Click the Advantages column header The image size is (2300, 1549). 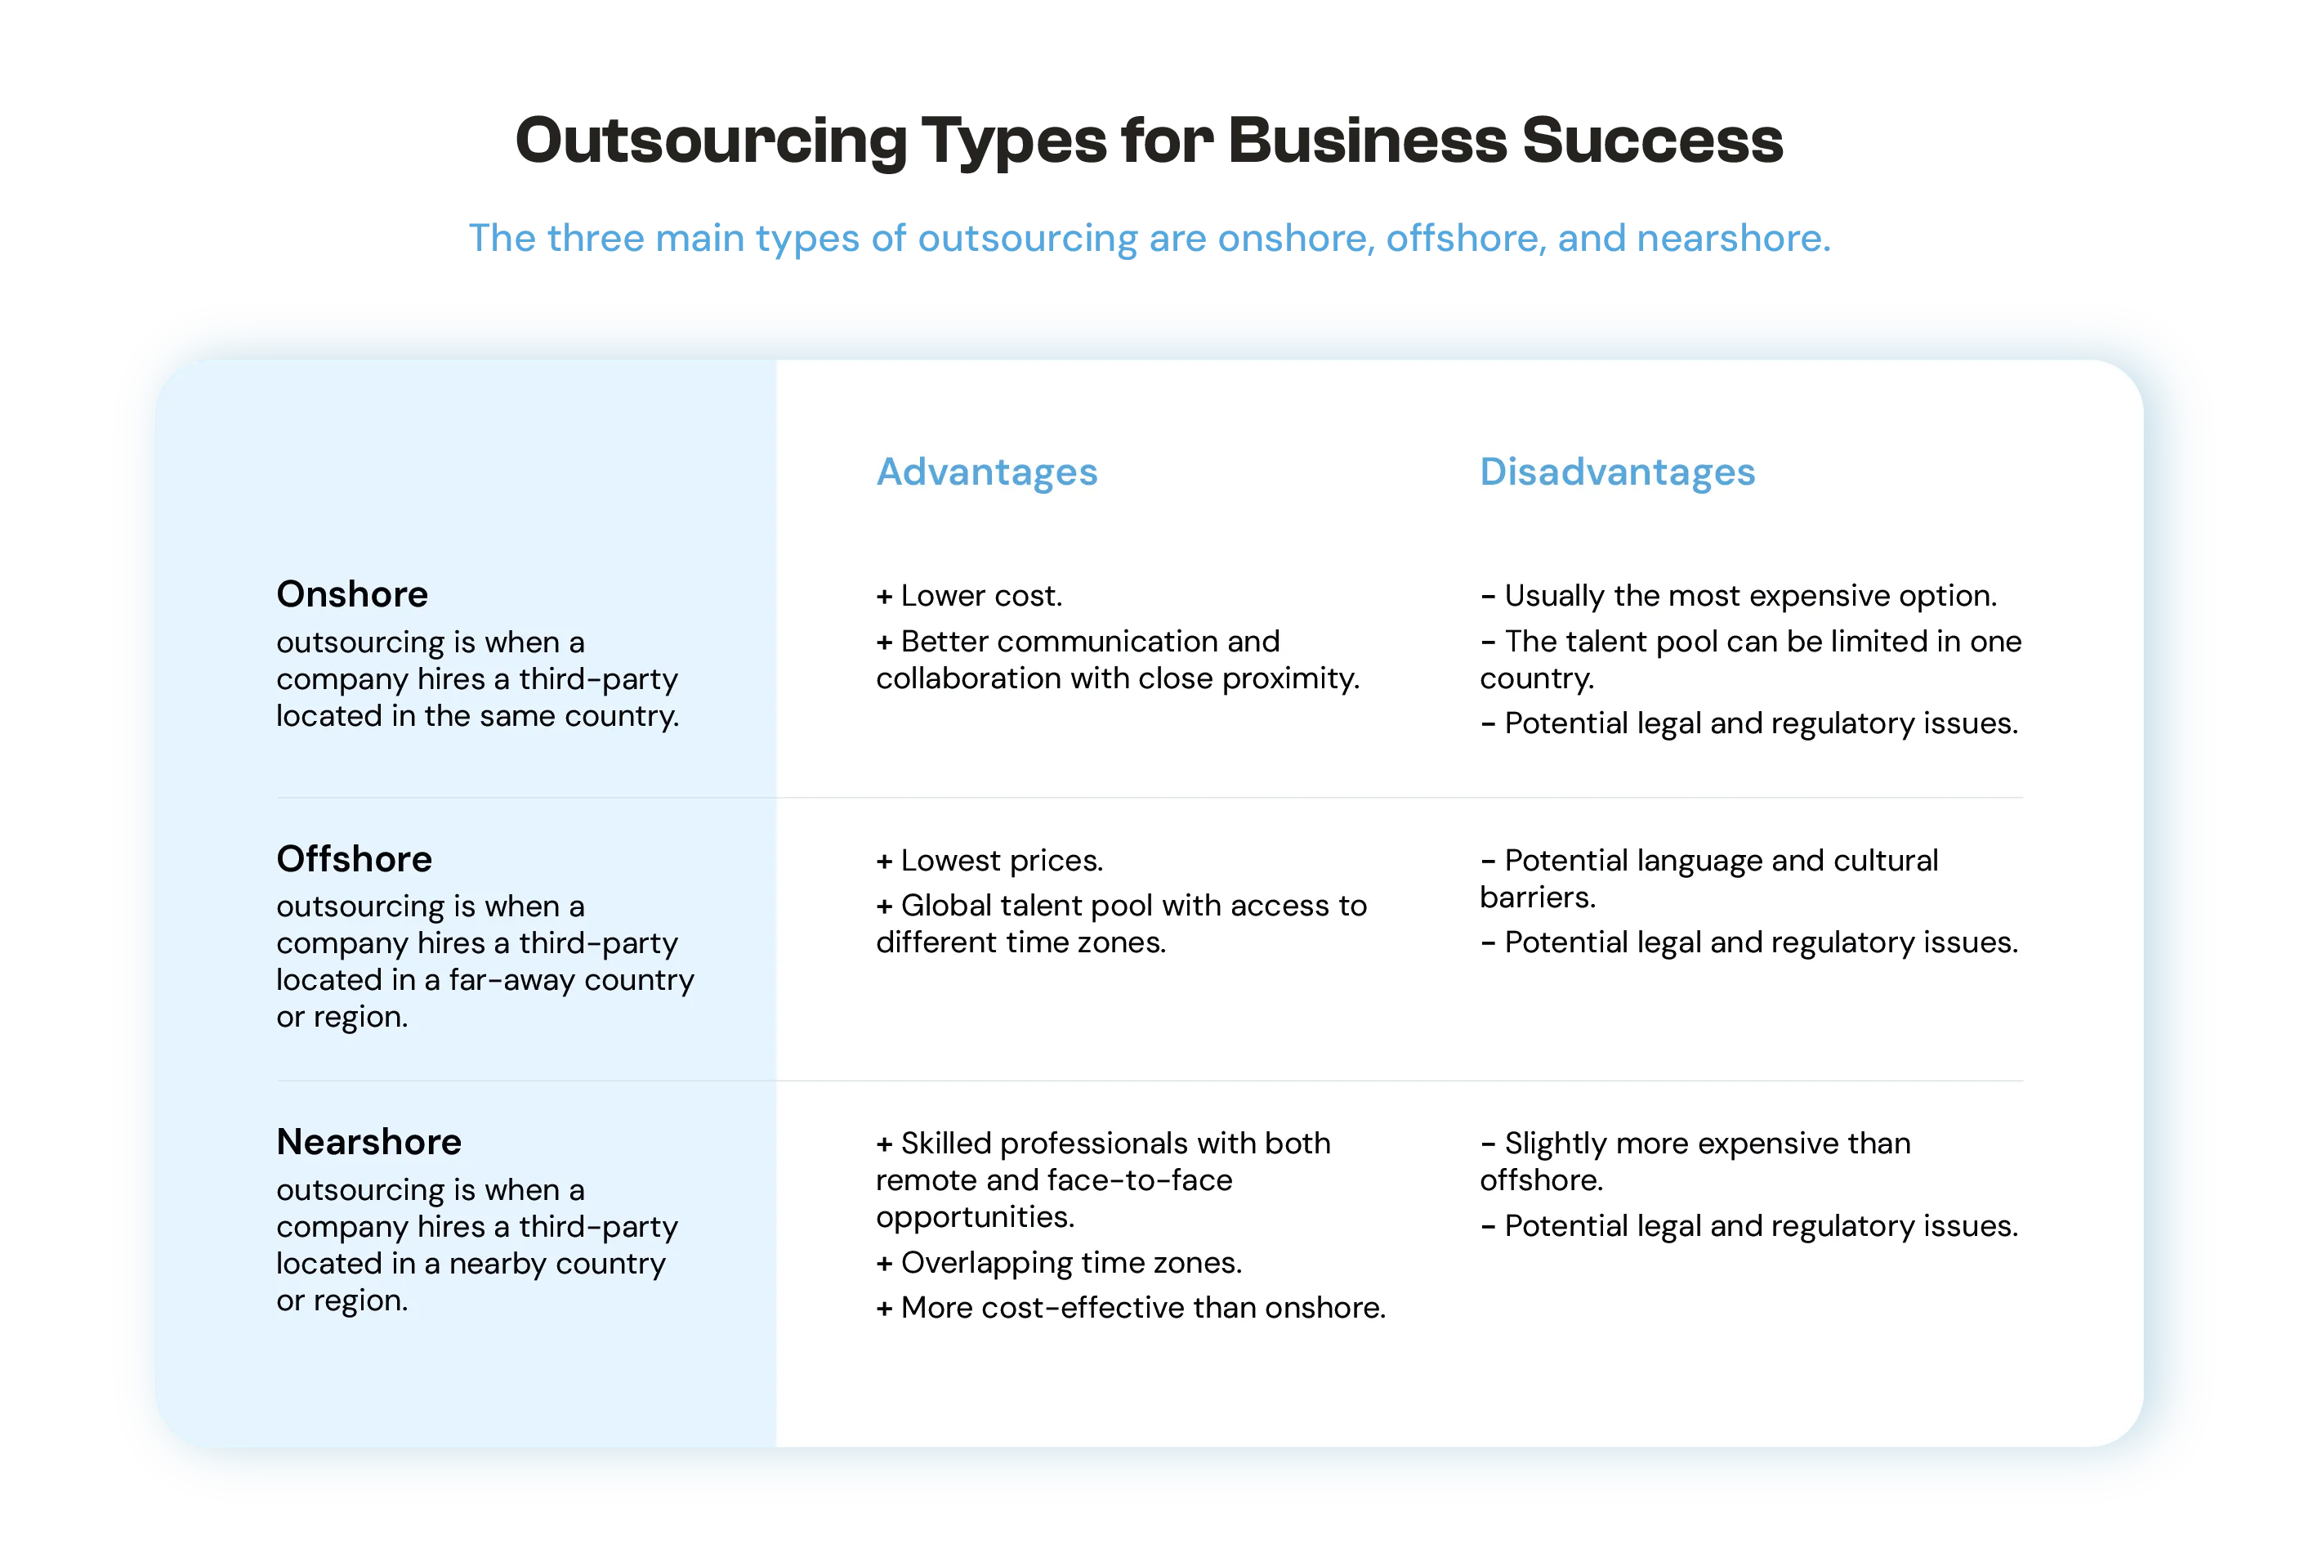pos(985,472)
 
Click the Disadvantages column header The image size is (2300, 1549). pos(1617,472)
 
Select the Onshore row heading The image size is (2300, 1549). pos(351,595)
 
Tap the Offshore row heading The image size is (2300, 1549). pos(354,859)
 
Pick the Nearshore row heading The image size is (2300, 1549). pos(368,1142)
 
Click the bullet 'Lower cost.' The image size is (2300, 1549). pos(969,596)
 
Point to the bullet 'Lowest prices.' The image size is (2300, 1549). pos(989,861)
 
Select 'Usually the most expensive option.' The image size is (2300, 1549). pos(1738,596)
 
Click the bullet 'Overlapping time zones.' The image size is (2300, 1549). pos(1059,1263)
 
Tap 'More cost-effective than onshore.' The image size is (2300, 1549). pos(1131,1308)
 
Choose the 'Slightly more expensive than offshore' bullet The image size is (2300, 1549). pos(1695,1162)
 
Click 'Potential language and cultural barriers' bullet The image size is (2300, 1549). pos(1708,878)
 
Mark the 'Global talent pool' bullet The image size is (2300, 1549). pos(1121,924)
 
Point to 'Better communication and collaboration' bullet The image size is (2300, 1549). pos(1117,660)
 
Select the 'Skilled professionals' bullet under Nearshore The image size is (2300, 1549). pos(1103,1180)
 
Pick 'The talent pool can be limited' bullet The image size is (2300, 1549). pos(1750,660)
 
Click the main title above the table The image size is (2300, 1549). pos(1150,139)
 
